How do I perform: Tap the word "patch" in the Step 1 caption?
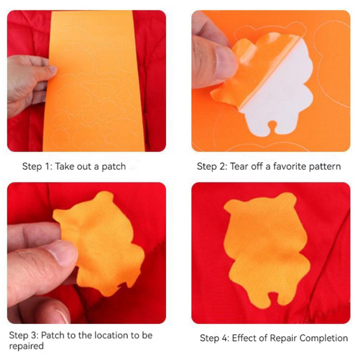click(113, 167)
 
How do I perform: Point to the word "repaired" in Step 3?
click(26, 346)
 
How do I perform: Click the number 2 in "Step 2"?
click(221, 166)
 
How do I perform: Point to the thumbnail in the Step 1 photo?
click(49, 71)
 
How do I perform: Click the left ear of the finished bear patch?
click(232, 206)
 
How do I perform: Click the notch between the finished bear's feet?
click(272, 298)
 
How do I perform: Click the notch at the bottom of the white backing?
click(272, 127)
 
